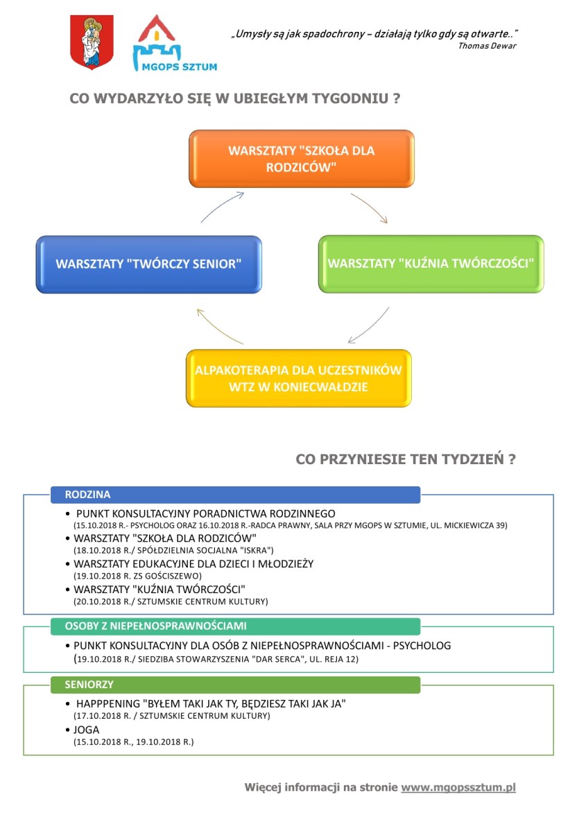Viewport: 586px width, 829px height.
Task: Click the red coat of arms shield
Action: click(x=92, y=42)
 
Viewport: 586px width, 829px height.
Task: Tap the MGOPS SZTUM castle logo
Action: click(x=174, y=43)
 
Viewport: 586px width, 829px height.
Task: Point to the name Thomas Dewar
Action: click(x=488, y=46)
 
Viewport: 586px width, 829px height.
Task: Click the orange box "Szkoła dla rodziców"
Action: click(x=301, y=159)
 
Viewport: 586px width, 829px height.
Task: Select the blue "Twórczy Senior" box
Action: click(x=149, y=264)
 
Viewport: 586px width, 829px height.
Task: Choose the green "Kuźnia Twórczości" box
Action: click(x=431, y=264)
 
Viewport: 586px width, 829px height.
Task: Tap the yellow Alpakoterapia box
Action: click(x=299, y=379)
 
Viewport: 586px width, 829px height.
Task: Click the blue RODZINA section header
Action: click(x=235, y=495)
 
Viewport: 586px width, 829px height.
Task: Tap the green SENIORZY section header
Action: click(x=235, y=685)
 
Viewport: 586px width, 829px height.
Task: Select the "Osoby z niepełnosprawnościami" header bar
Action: click(x=235, y=626)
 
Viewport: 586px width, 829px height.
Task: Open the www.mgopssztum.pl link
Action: click(x=458, y=787)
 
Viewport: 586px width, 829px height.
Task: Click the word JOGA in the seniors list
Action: click(x=87, y=730)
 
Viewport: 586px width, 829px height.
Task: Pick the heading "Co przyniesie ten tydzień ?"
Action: click(x=405, y=459)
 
